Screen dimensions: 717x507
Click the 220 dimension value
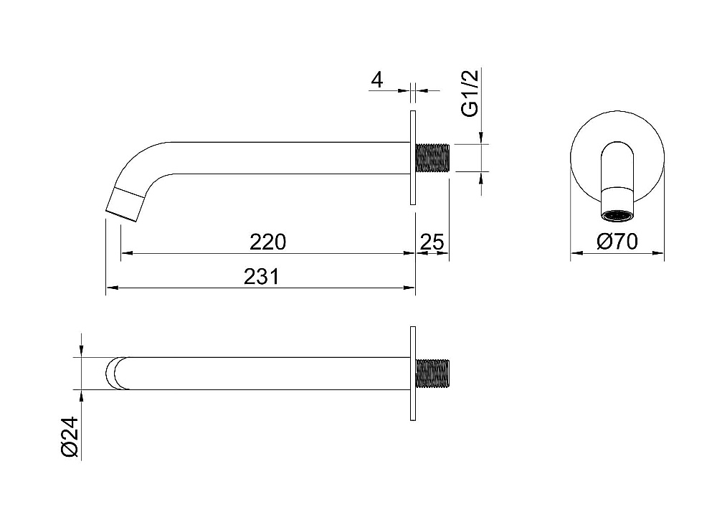point(267,242)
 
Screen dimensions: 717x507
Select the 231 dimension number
point(261,277)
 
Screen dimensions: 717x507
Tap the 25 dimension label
point(432,242)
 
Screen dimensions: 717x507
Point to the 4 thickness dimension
point(377,80)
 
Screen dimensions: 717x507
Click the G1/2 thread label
point(470,93)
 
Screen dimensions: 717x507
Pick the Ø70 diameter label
point(617,242)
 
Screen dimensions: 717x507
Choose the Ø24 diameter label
point(70,437)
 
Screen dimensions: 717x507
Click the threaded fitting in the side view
point(432,158)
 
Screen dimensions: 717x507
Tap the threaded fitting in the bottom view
point(432,374)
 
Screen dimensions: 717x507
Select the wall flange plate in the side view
point(413,158)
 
